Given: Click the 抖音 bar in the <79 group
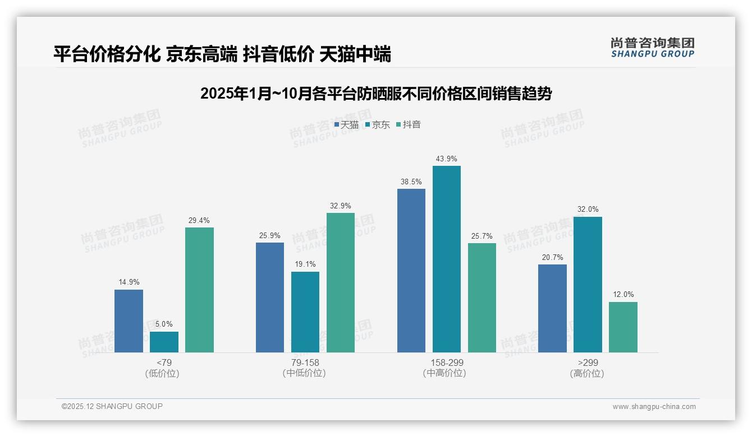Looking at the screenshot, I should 199,290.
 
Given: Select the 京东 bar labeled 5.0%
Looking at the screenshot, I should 164,342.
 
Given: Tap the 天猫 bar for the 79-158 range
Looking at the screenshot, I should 270,297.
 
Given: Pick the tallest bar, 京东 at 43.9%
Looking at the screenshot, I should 447,259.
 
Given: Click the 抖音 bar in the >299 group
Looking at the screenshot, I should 623,327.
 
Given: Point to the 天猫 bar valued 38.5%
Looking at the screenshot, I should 411,271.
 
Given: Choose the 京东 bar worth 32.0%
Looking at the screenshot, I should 588,285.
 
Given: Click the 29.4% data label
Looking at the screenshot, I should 199,221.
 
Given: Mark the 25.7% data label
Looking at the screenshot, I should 482,236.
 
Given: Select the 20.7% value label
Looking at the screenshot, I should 552,258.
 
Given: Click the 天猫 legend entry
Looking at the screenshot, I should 346,125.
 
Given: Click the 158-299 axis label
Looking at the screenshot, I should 447,363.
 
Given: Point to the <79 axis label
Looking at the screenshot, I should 164,363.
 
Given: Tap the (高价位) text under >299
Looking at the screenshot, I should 587,374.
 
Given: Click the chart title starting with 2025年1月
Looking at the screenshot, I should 376,94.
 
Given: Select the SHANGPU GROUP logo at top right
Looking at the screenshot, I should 652,48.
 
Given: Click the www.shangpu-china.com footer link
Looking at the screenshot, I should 654,407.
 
